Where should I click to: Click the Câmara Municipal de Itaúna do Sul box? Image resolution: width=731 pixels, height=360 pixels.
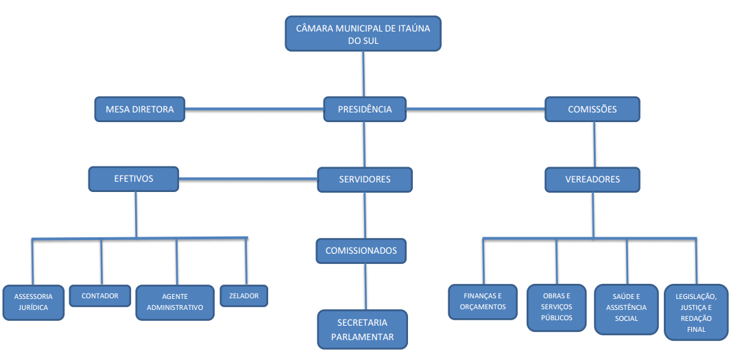coord(363,34)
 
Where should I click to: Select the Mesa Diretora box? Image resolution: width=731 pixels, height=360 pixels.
coord(140,109)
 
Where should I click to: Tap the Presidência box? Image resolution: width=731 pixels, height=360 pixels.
coord(365,109)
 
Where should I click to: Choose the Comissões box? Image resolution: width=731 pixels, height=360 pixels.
coord(592,109)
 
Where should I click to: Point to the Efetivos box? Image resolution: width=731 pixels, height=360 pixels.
coord(134,179)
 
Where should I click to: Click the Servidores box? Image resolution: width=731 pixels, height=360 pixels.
coord(365,180)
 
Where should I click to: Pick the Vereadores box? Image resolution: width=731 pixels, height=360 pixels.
coord(592,180)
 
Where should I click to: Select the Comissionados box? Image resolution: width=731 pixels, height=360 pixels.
coord(361,250)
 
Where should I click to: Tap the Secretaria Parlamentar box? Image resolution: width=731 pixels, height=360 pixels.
coord(362,329)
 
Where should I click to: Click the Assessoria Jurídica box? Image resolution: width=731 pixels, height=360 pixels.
coord(34,302)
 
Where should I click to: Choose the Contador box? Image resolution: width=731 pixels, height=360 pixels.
coord(100,296)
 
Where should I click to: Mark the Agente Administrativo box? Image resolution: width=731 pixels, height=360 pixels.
coord(175,302)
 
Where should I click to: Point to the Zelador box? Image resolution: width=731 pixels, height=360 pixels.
coord(244,296)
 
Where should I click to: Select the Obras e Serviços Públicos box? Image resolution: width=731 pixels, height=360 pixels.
coord(557,307)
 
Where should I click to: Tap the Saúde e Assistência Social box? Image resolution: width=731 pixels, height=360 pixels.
coord(627,309)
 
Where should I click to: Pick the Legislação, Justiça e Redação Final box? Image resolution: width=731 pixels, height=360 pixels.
coord(695,312)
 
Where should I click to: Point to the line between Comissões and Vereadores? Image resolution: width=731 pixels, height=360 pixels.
coord(594,144)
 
